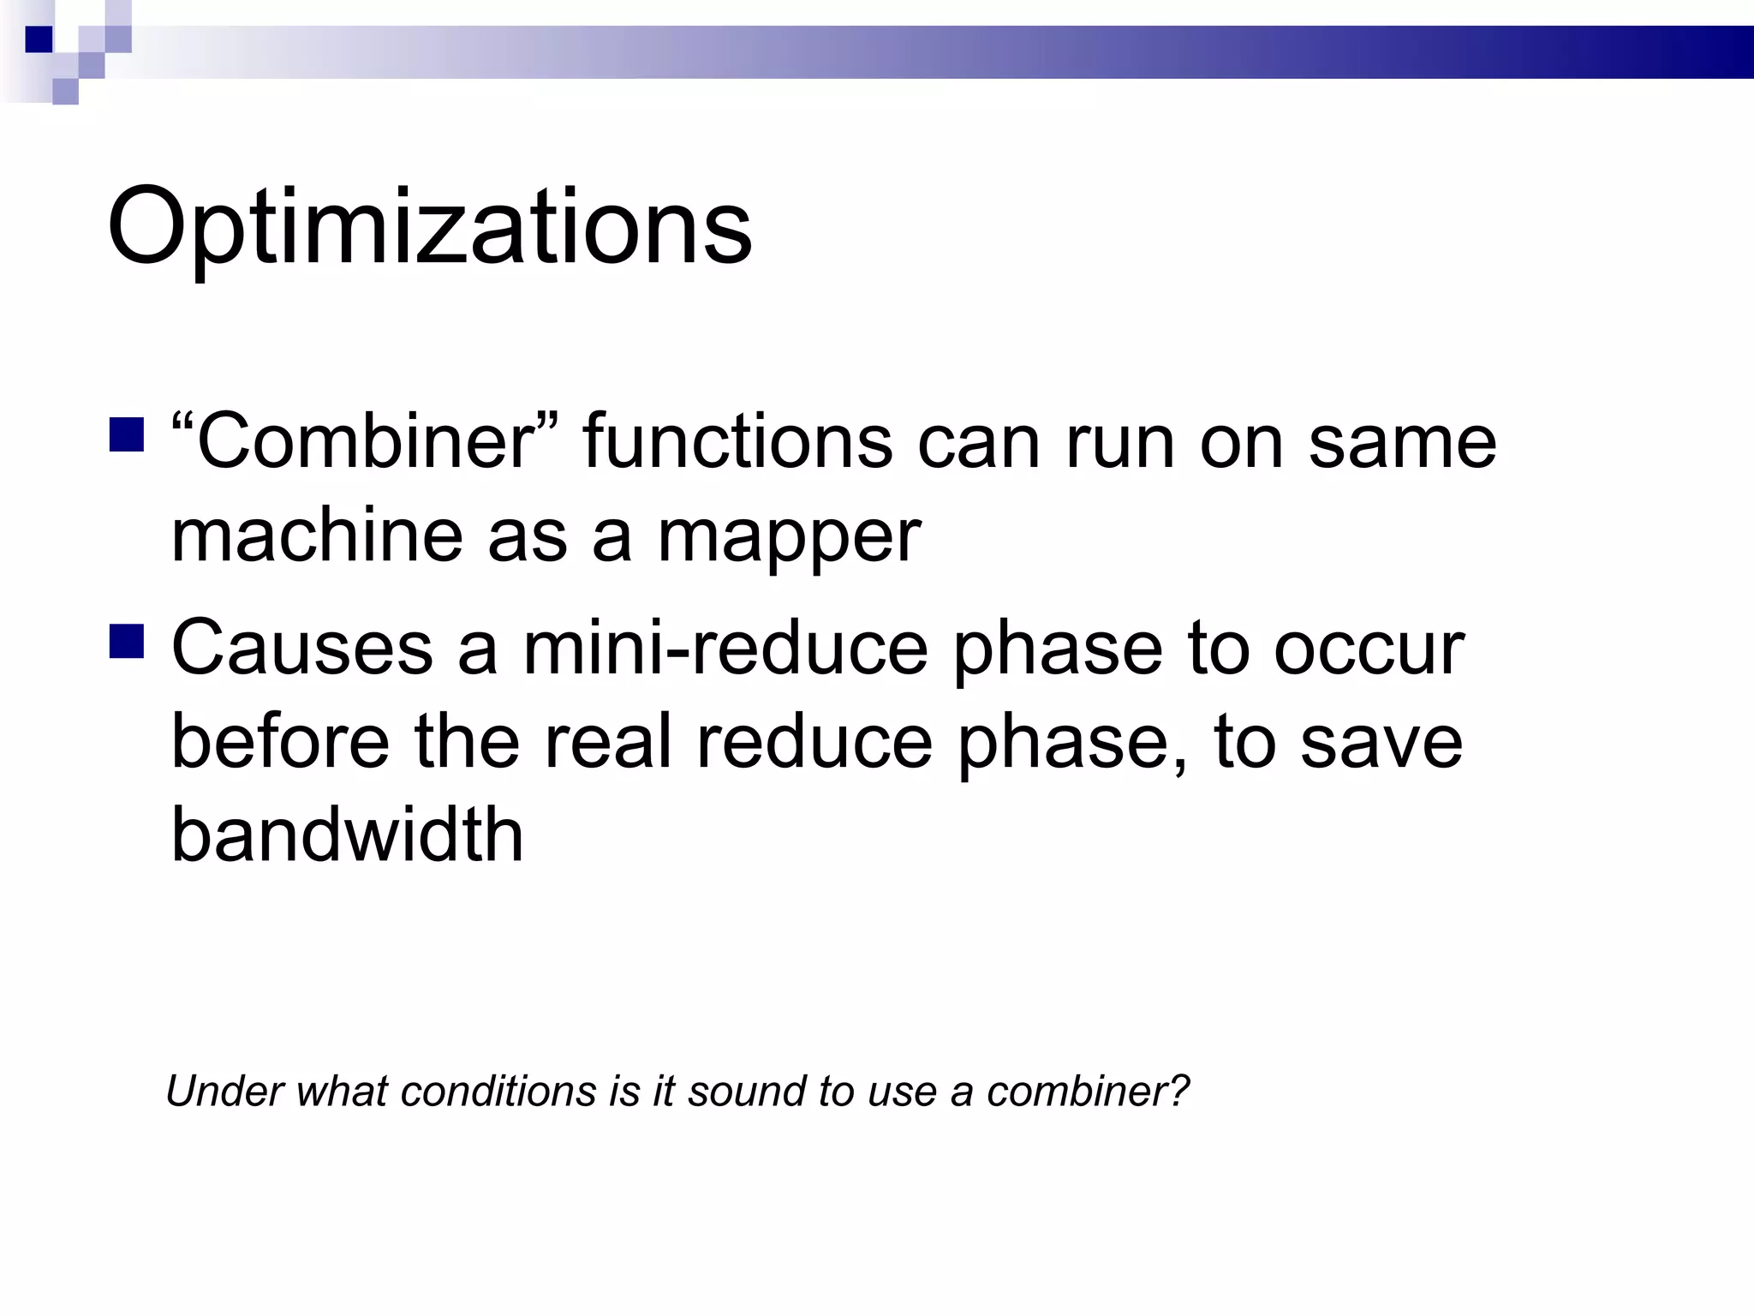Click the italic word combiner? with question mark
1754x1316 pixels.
tap(1088, 1092)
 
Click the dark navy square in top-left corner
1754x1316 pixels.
tap(39, 39)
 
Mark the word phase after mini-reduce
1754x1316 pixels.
tap(1058, 651)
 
